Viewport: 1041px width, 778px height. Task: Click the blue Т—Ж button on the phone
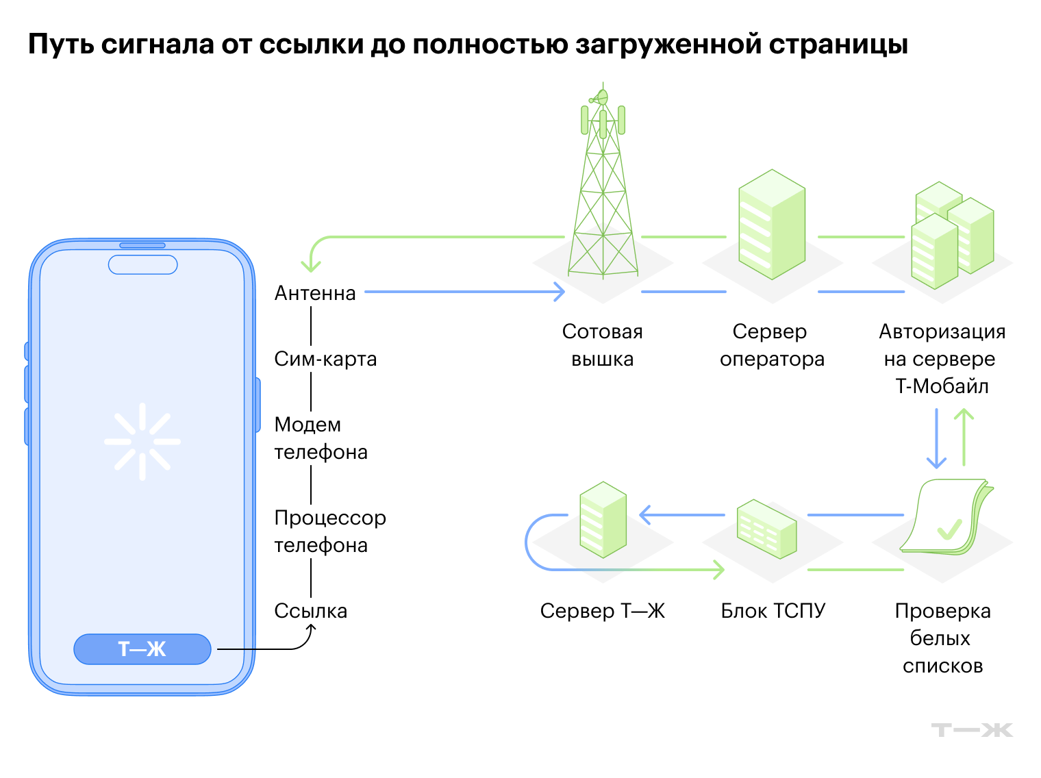click(x=142, y=649)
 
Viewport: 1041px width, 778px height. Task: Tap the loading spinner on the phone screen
click(x=142, y=441)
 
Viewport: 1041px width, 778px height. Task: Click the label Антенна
click(x=315, y=293)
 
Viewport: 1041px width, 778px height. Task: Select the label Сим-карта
click(x=325, y=359)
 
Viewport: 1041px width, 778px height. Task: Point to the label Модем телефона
click(x=321, y=438)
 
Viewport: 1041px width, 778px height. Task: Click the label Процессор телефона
click(x=330, y=531)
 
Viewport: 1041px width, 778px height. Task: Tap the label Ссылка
click(x=311, y=611)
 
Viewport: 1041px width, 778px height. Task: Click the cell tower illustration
click(x=603, y=181)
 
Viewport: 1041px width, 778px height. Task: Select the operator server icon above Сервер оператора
click(x=772, y=224)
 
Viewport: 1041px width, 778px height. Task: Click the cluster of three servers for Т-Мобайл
click(x=952, y=235)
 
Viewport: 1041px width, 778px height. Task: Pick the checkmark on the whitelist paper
click(x=949, y=529)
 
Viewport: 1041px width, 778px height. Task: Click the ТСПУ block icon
click(x=766, y=529)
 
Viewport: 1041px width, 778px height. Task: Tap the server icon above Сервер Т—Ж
click(x=603, y=520)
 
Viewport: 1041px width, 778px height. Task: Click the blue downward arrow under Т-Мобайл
click(x=936, y=438)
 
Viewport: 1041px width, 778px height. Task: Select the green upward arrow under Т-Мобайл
click(x=964, y=437)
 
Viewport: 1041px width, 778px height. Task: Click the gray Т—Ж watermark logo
click(x=972, y=730)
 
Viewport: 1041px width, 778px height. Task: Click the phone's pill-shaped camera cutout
click(x=142, y=264)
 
